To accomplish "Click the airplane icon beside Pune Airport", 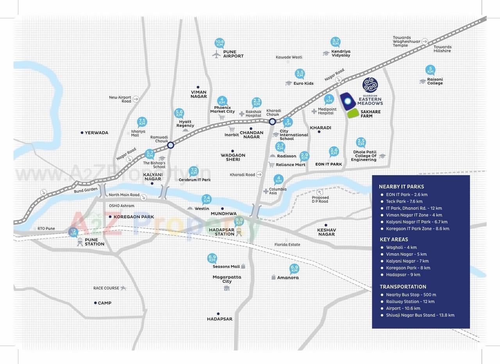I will pos(216,54).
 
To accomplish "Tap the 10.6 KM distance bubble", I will pos(220,43).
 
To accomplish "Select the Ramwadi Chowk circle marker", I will pos(170,145).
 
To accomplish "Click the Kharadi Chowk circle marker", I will pos(272,121).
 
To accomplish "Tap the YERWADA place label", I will pos(96,133).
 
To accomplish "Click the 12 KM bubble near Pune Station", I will pos(73,232).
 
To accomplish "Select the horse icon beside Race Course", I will pos(123,288).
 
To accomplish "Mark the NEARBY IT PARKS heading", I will pos(401,187).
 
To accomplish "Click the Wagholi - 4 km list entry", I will pos(401,247).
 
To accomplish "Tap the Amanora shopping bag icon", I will pos(273,277).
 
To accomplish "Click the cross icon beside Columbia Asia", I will pos(266,191).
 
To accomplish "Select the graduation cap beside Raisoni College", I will pos(422,81).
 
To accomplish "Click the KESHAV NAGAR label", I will pos(326,232).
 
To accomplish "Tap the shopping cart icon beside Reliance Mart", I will pos(271,165).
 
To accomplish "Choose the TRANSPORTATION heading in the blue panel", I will pos(403,287).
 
